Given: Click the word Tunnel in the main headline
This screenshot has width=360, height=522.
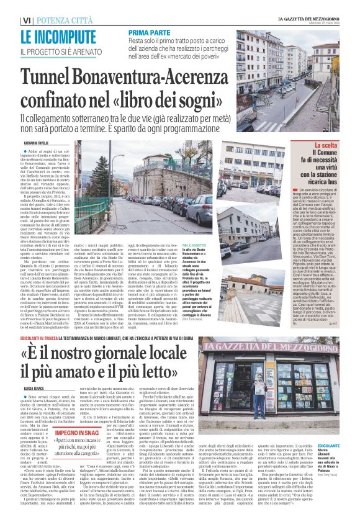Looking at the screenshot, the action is point(58,79).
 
